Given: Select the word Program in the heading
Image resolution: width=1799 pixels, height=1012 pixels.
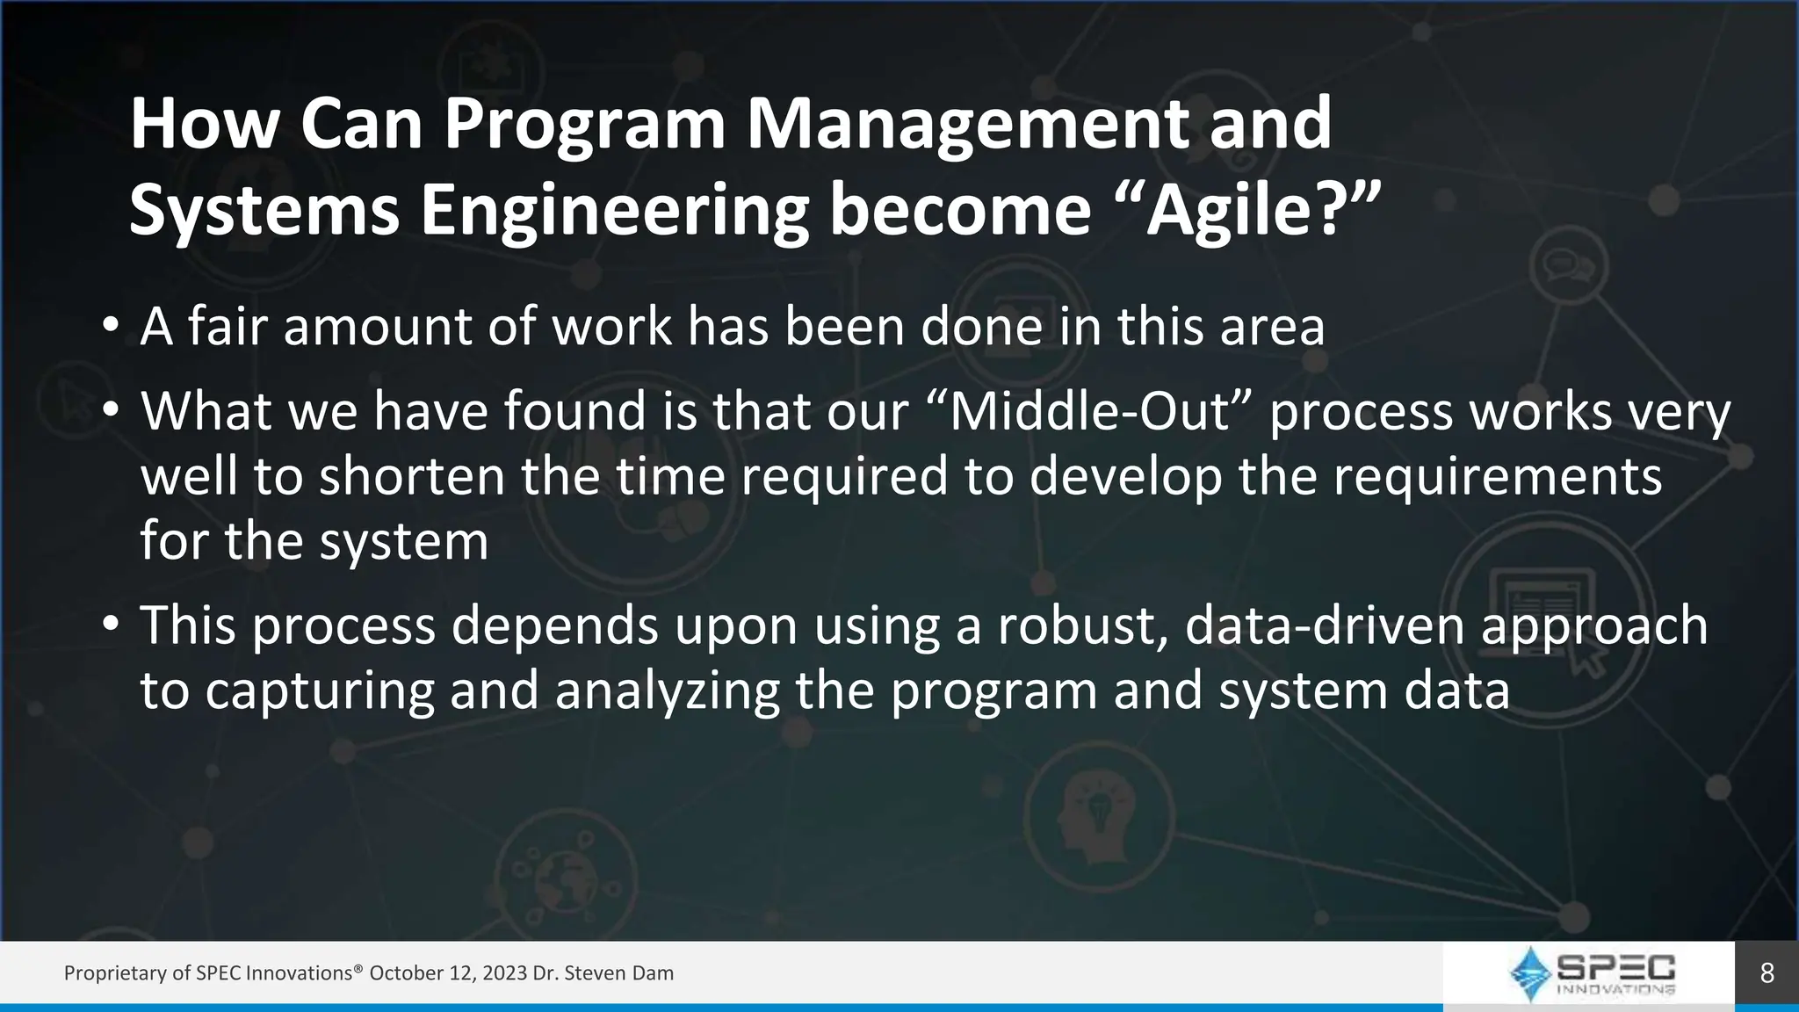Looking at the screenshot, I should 584,124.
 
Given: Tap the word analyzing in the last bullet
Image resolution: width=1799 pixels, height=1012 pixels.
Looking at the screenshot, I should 667,691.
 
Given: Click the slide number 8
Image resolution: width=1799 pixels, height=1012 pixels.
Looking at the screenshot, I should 1766,972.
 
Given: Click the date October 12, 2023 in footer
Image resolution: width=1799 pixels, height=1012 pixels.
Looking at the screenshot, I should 448,973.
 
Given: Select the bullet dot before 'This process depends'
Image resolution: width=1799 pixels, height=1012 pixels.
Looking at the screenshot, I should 110,625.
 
